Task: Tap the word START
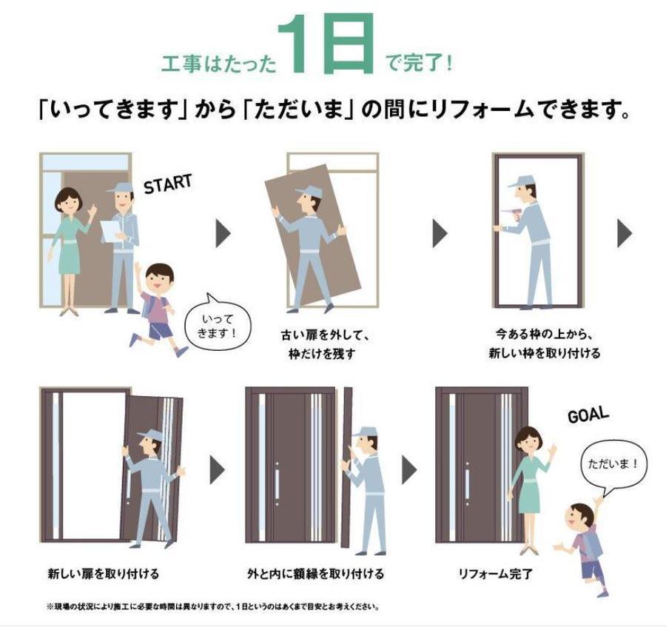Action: click(167, 184)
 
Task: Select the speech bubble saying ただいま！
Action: click(613, 466)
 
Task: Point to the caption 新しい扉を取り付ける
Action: click(103, 573)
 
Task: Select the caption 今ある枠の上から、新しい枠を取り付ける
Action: click(544, 343)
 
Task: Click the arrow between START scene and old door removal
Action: click(223, 234)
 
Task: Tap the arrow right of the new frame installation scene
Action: click(625, 234)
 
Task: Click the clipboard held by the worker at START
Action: click(110, 231)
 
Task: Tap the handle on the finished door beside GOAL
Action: click(467, 483)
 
